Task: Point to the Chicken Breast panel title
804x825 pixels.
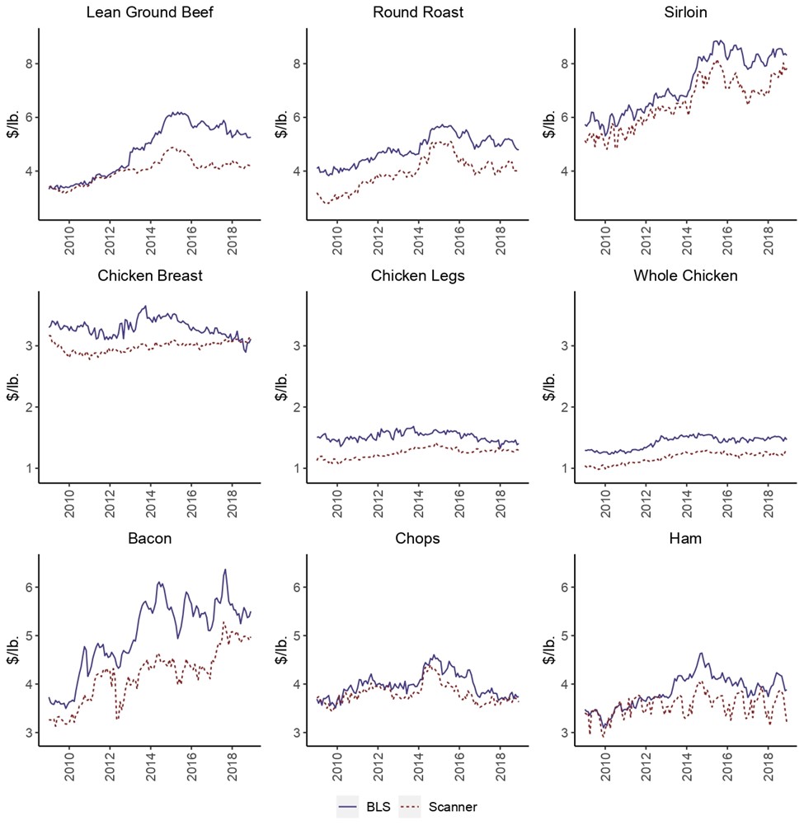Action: coord(149,274)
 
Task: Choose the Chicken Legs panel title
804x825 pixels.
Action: coord(417,274)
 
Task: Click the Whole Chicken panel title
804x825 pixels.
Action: coord(686,274)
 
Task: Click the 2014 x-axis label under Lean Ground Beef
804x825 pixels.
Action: coord(151,239)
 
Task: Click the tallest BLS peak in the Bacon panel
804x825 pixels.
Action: coord(224,570)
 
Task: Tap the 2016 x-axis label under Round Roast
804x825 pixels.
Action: coord(458,239)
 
